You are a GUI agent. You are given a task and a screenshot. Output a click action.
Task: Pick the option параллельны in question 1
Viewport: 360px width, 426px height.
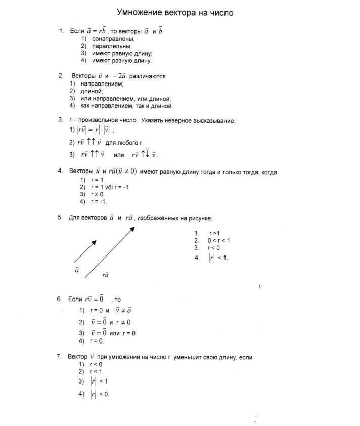(111, 46)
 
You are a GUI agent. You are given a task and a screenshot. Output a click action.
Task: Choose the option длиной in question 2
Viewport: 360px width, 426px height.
(92, 92)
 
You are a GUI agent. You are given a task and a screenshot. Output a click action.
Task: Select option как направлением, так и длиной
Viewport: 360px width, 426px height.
(126, 106)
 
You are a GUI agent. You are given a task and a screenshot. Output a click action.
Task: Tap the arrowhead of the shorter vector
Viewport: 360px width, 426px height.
(94, 242)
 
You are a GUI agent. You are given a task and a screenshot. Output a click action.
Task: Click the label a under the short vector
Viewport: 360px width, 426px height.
(77, 270)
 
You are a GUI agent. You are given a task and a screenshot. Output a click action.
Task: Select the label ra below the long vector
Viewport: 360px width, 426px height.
(105, 275)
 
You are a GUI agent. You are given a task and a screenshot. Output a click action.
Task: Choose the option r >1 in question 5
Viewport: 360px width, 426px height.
(214, 233)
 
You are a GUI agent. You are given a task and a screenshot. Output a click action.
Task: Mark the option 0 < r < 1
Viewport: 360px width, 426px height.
(218, 240)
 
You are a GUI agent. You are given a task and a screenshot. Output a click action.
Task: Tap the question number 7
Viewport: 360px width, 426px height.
(59, 357)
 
